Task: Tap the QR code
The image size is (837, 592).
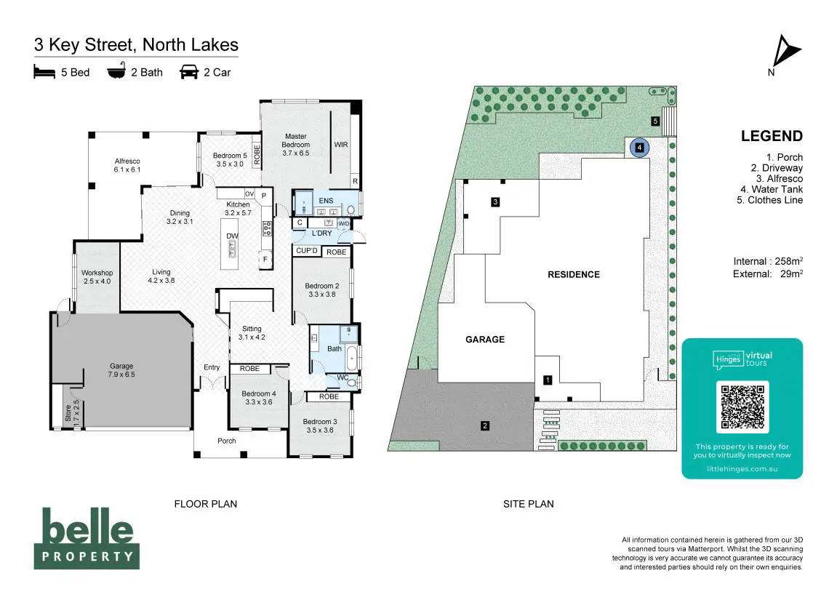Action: pyautogui.click(x=742, y=407)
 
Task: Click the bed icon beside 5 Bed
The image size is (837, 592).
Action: pyautogui.click(x=44, y=72)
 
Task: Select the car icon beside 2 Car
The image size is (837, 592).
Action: pyautogui.click(x=189, y=72)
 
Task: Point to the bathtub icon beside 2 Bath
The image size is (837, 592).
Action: pyautogui.click(x=116, y=72)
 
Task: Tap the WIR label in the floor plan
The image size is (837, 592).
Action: pyautogui.click(x=341, y=145)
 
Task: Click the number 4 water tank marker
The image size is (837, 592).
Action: pyautogui.click(x=639, y=148)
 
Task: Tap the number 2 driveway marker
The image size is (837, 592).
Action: pyautogui.click(x=485, y=426)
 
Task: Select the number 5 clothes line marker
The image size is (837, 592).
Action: pyautogui.click(x=655, y=121)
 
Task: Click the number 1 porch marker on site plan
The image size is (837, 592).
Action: pyautogui.click(x=548, y=380)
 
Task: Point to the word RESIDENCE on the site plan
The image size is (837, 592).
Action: pyautogui.click(x=574, y=274)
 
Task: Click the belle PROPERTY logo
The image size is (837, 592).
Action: pyautogui.click(x=87, y=537)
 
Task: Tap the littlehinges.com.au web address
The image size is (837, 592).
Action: pyautogui.click(x=742, y=469)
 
